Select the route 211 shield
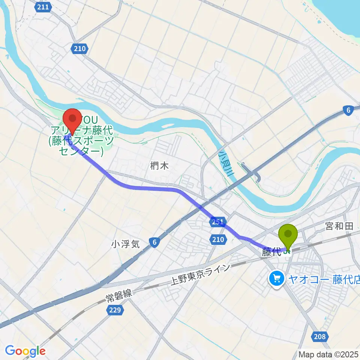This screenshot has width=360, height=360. (x=44, y=7)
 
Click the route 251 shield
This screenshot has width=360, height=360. (x=217, y=222)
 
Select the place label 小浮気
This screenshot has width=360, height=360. (x=125, y=244)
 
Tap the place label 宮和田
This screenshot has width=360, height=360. (x=339, y=226)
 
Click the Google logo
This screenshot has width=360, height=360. (x=25, y=351)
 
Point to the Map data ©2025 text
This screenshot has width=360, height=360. (x=327, y=354)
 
